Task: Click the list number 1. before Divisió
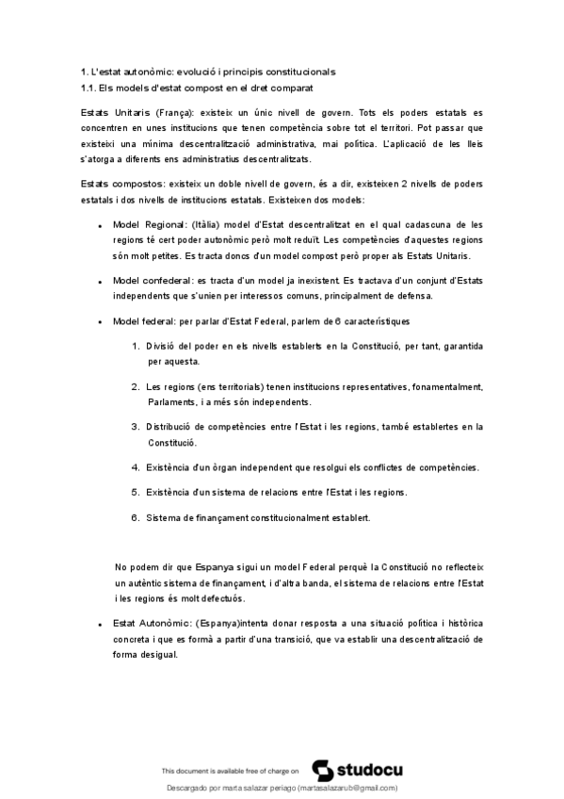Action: coord(137,346)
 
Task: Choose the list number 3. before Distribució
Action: coord(137,427)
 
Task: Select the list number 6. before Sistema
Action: coord(137,516)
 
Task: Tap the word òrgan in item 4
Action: coord(233,466)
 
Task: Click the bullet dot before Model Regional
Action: coord(100,226)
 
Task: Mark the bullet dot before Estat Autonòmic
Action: coord(100,625)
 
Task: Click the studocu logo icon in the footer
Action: coord(321,768)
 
